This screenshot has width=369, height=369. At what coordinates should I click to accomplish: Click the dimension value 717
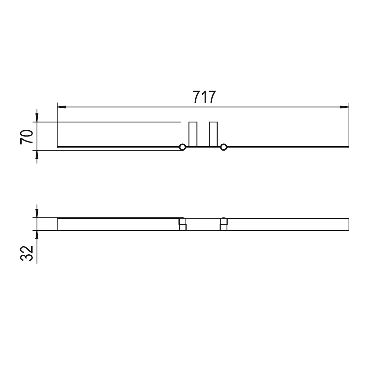click(x=204, y=97)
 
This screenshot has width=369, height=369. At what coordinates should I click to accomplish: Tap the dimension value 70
click(x=27, y=137)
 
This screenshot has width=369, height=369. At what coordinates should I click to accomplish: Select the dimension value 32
click(x=27, y=253)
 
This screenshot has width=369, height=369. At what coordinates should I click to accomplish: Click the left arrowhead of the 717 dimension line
click(x=62, y=107)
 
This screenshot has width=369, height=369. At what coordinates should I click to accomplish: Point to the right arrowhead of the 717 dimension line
click(x=345, y=107)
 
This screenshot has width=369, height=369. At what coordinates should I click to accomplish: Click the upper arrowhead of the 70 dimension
click(x=37, y=118)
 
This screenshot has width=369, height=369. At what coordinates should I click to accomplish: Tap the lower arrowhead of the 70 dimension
click(x=37, y=155)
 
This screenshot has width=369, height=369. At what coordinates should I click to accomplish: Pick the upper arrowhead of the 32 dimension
click(x=37, y=213)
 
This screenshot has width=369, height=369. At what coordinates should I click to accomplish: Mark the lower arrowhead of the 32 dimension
click(x=37, y=235)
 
